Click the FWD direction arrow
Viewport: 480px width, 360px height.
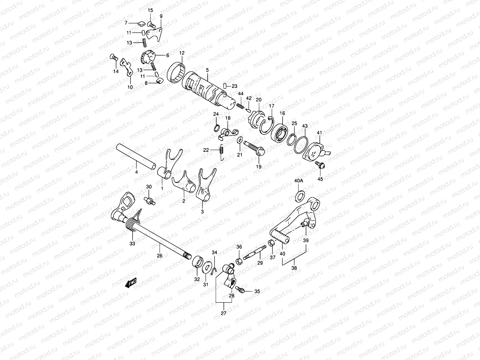click(131, 282)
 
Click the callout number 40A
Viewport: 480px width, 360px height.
click(299, 181)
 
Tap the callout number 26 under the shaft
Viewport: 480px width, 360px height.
click(160, 256)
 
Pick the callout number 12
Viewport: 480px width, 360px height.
click(182, 53)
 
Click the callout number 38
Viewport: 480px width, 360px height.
click(294, 268)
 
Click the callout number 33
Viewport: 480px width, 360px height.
click(132, 244)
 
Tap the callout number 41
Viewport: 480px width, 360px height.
click(319, 133)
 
